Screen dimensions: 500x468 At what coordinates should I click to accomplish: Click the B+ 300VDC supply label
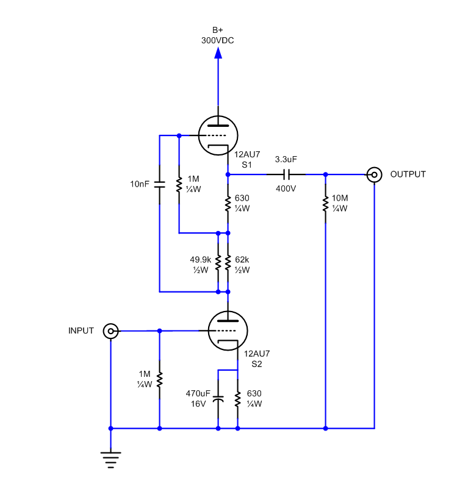click(x=218, y=35)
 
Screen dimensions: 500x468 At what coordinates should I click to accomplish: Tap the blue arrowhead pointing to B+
click(x=218, y=54)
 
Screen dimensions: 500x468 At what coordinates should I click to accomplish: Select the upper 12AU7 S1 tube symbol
click(x=218, y=135)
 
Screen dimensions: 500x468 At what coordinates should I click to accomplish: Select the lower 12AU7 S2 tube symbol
click(x=228, y=330)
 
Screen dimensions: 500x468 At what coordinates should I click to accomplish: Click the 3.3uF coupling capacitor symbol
click(x=286, y=174)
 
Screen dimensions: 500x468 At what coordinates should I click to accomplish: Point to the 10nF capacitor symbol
click(x=160, y=184)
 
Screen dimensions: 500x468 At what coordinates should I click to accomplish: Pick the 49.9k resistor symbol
click(x=218, y=262)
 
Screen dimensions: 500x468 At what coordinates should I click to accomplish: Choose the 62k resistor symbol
click(x=228, y=262)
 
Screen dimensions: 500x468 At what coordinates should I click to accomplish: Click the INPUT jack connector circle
click(x=110, y=331)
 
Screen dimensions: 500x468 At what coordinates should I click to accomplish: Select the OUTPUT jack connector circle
click(x=374, y=174)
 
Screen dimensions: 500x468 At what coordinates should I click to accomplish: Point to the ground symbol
click(x=110, y=459)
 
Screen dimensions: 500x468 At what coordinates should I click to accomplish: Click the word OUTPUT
click(x=408, y=174)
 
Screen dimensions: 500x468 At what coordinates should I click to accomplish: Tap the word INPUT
click(x=81, y=330)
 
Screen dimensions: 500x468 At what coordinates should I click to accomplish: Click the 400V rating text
click(x=286, y=189)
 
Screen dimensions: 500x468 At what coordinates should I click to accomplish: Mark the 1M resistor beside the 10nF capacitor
click(x=179, y=184)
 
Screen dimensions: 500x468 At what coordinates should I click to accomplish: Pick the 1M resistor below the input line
click(x=160, y=379)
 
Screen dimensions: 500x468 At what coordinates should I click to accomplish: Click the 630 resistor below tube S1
click(x=228, y=204)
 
